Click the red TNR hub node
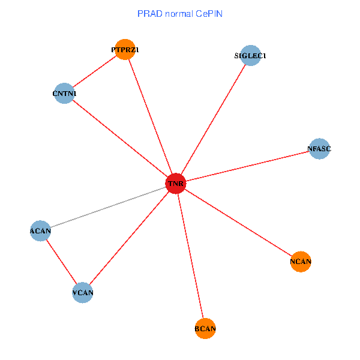(176, 182)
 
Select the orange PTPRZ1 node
(124, 50)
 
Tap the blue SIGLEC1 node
(250, 56)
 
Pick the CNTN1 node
(64, 94)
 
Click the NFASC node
(319, 148)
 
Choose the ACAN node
(40, 230)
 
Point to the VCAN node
(83, 293)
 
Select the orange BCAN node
(205, 329)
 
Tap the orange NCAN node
(301, 262)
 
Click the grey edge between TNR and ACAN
(108, 206)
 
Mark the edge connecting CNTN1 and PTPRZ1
(94, 72)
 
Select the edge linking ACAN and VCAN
(61, 262)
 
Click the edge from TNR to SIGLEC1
(213, 119)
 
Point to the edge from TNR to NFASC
(247, 166)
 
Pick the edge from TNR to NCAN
(238, 222)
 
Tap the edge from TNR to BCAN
(191, 256)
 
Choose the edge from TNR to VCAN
(129, 238)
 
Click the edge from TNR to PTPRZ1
(150, 116)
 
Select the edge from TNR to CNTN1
(120, 138)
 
